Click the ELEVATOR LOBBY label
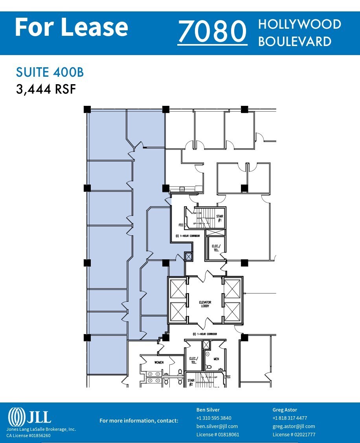pos(205,304)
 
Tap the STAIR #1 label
pos(220,218)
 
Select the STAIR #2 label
pos(191,382)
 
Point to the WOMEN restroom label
pos(159,362)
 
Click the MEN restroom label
pos(216,359)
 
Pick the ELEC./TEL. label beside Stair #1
pos(216,248)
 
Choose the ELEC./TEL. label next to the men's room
pos(193,360)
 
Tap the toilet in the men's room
pos(208,367)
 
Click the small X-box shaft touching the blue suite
pos(189,257)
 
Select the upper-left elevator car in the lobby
pos(178,289)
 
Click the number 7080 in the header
pos(212,32)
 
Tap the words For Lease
pos(71,28)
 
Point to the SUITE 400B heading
pos(50,73)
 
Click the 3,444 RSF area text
pos(46,89)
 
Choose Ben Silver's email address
pos(217,426)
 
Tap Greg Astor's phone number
pos(290,418)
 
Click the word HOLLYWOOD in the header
pos(299,24)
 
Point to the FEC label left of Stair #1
pos(181,225)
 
